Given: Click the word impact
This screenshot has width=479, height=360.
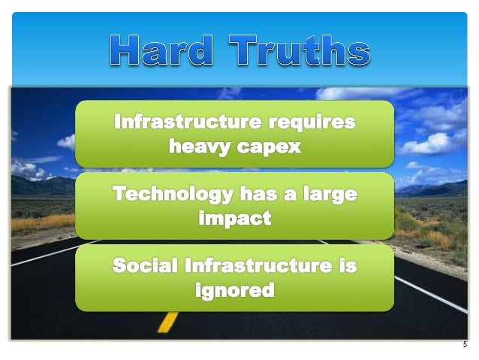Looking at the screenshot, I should point(234,219).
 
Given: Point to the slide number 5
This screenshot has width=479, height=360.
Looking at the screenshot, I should point(465,346).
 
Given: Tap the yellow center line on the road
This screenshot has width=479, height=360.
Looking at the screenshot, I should point(168,322).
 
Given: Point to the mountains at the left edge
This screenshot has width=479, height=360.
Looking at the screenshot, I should point(30,183).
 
